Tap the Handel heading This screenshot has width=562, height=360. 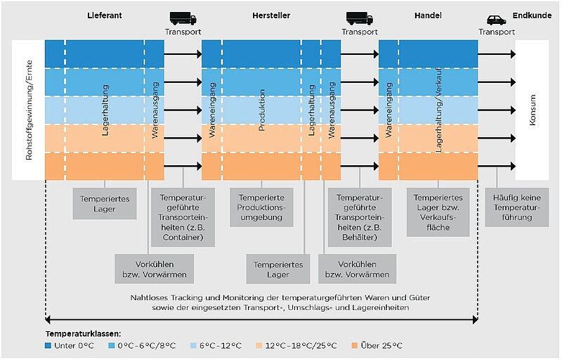click(x=428, y=16)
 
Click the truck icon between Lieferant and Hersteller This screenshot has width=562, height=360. click(x=183, y=18)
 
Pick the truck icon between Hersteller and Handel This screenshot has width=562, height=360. click(x=359, y=18)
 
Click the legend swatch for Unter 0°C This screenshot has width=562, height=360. click(x=49, y=345)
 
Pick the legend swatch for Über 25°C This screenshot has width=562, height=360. click(x=355, y=345)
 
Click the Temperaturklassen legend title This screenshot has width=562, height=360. click(x=84, y=331)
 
